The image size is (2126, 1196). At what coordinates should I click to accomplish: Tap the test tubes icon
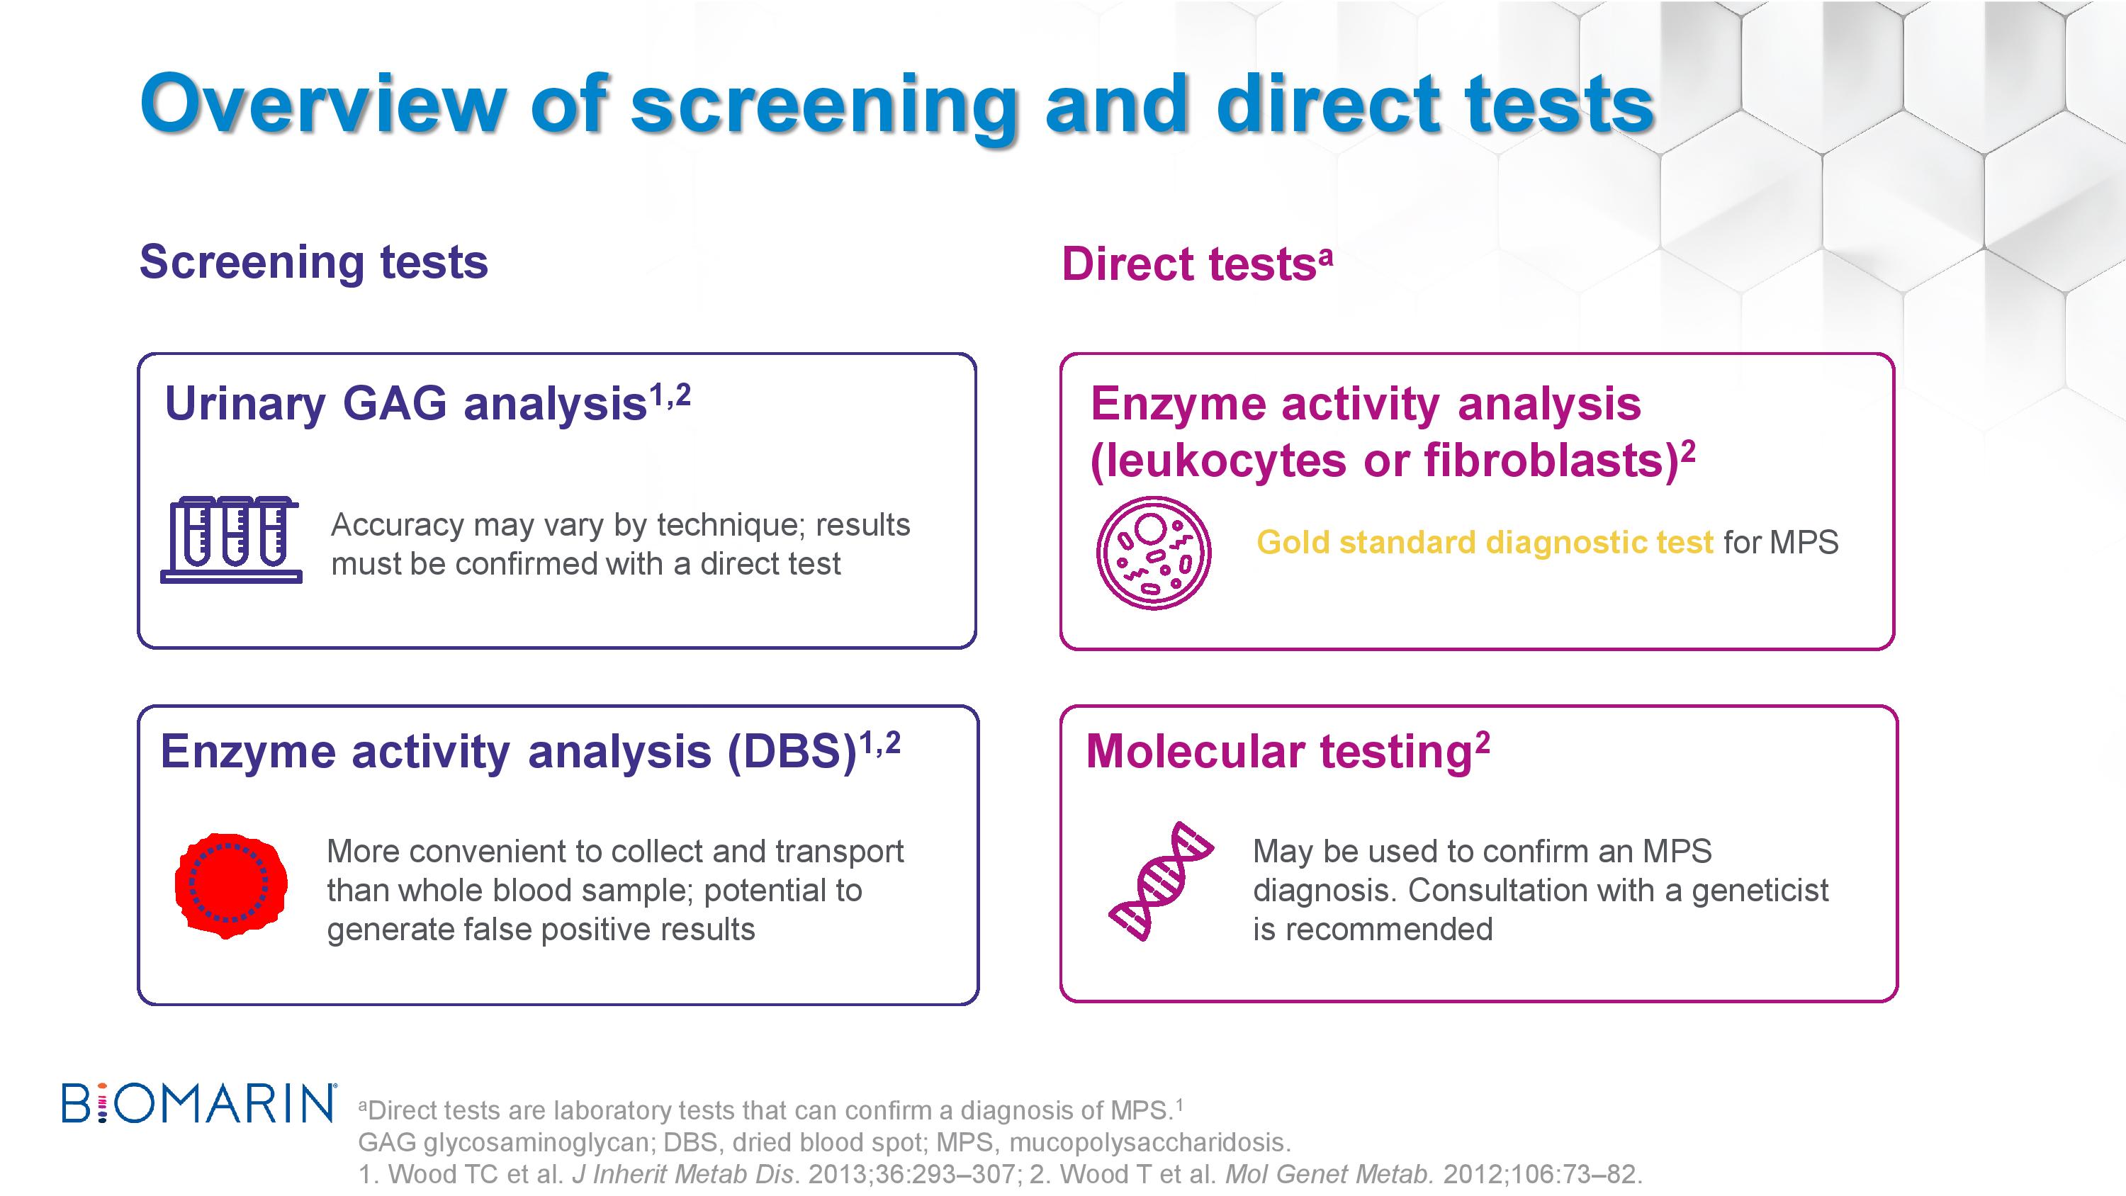pyautogui.click(x=231, y=540)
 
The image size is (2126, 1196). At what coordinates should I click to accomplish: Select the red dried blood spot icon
pyautogui.click(x=231, y=885)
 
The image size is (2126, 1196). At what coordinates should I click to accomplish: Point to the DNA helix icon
pyautogui.click(x=1160, y=881)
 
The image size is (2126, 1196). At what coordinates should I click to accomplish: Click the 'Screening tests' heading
pyautogui.click(x=314, y=262)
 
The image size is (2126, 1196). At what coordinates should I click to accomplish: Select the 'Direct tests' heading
pyautogui.click(x=1197, y=264)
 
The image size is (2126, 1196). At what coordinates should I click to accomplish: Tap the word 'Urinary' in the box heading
pyautogui.click(x=246, y=405)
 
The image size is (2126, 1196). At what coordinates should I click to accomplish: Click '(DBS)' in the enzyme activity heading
pyautogui.click(x=792, y=752)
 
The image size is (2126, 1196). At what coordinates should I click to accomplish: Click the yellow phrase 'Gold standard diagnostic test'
pyautogui.click(x=1485, y=542)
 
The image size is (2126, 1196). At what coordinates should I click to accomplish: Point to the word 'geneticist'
pyautogui.click(x=1760, y=891)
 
